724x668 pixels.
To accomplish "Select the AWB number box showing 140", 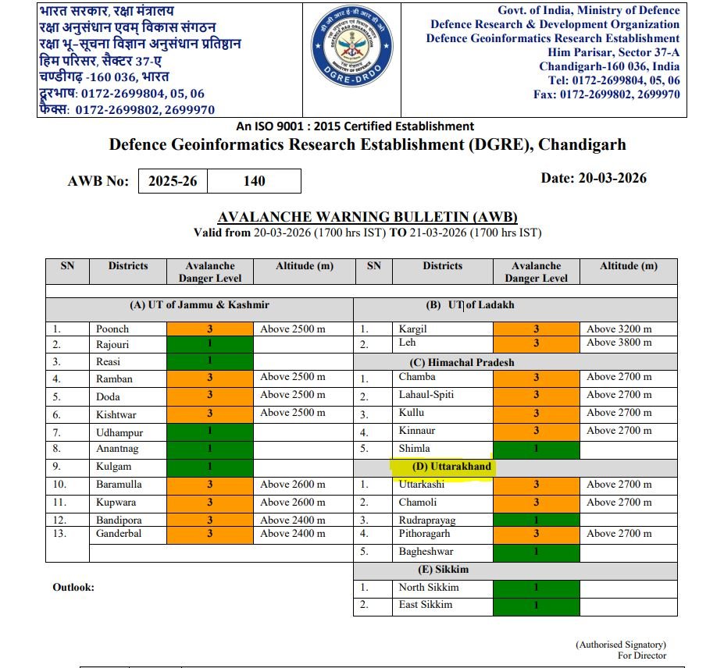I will click(x=255, y=181).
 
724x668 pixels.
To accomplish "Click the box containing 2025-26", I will click(x=173, y=181).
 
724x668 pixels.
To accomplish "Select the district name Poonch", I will click(x=112, y=329).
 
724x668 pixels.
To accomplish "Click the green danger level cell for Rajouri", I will click(x=210, y=344).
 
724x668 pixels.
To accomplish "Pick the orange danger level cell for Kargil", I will click(x=537, y=329).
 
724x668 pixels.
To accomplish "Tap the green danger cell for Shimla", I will click(x=537, y=449).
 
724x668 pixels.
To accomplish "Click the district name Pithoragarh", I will click(x=427, y=534).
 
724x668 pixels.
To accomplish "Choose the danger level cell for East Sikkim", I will click(x=537, y=605).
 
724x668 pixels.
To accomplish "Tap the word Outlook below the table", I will click(x=73, y=587).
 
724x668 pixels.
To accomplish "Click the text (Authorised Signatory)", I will click(x=621, y=645).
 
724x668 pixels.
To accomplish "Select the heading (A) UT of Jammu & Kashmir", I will click(x=199, y=305).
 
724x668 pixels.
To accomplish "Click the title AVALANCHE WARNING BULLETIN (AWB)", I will click(x=367, y=217).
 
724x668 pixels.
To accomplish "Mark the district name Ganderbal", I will click(x=119, y=534).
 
